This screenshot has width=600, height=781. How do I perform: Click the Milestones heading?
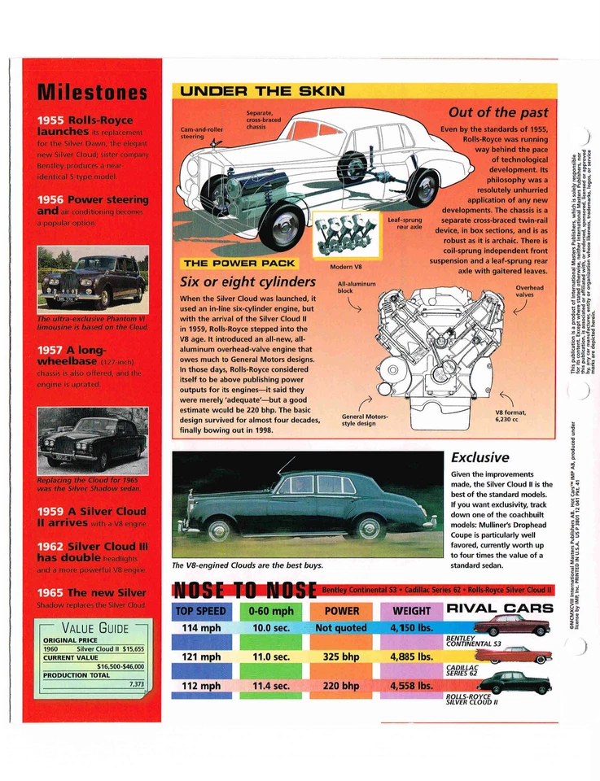[92, 92]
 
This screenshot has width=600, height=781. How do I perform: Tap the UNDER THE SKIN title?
[261, 91]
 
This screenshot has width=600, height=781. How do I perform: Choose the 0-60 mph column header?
[272, 610]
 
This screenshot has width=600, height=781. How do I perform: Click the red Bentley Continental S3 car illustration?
[512, 625]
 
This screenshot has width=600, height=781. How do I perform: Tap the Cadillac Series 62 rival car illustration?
[512, 654]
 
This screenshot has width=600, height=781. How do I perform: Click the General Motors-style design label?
[363, 420]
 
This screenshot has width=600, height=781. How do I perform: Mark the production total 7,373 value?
[136, 684]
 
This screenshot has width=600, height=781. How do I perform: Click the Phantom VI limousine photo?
[93, 278]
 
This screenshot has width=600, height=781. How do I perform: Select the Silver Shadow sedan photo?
[93, 440]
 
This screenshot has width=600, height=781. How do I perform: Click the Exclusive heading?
[480, 457]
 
